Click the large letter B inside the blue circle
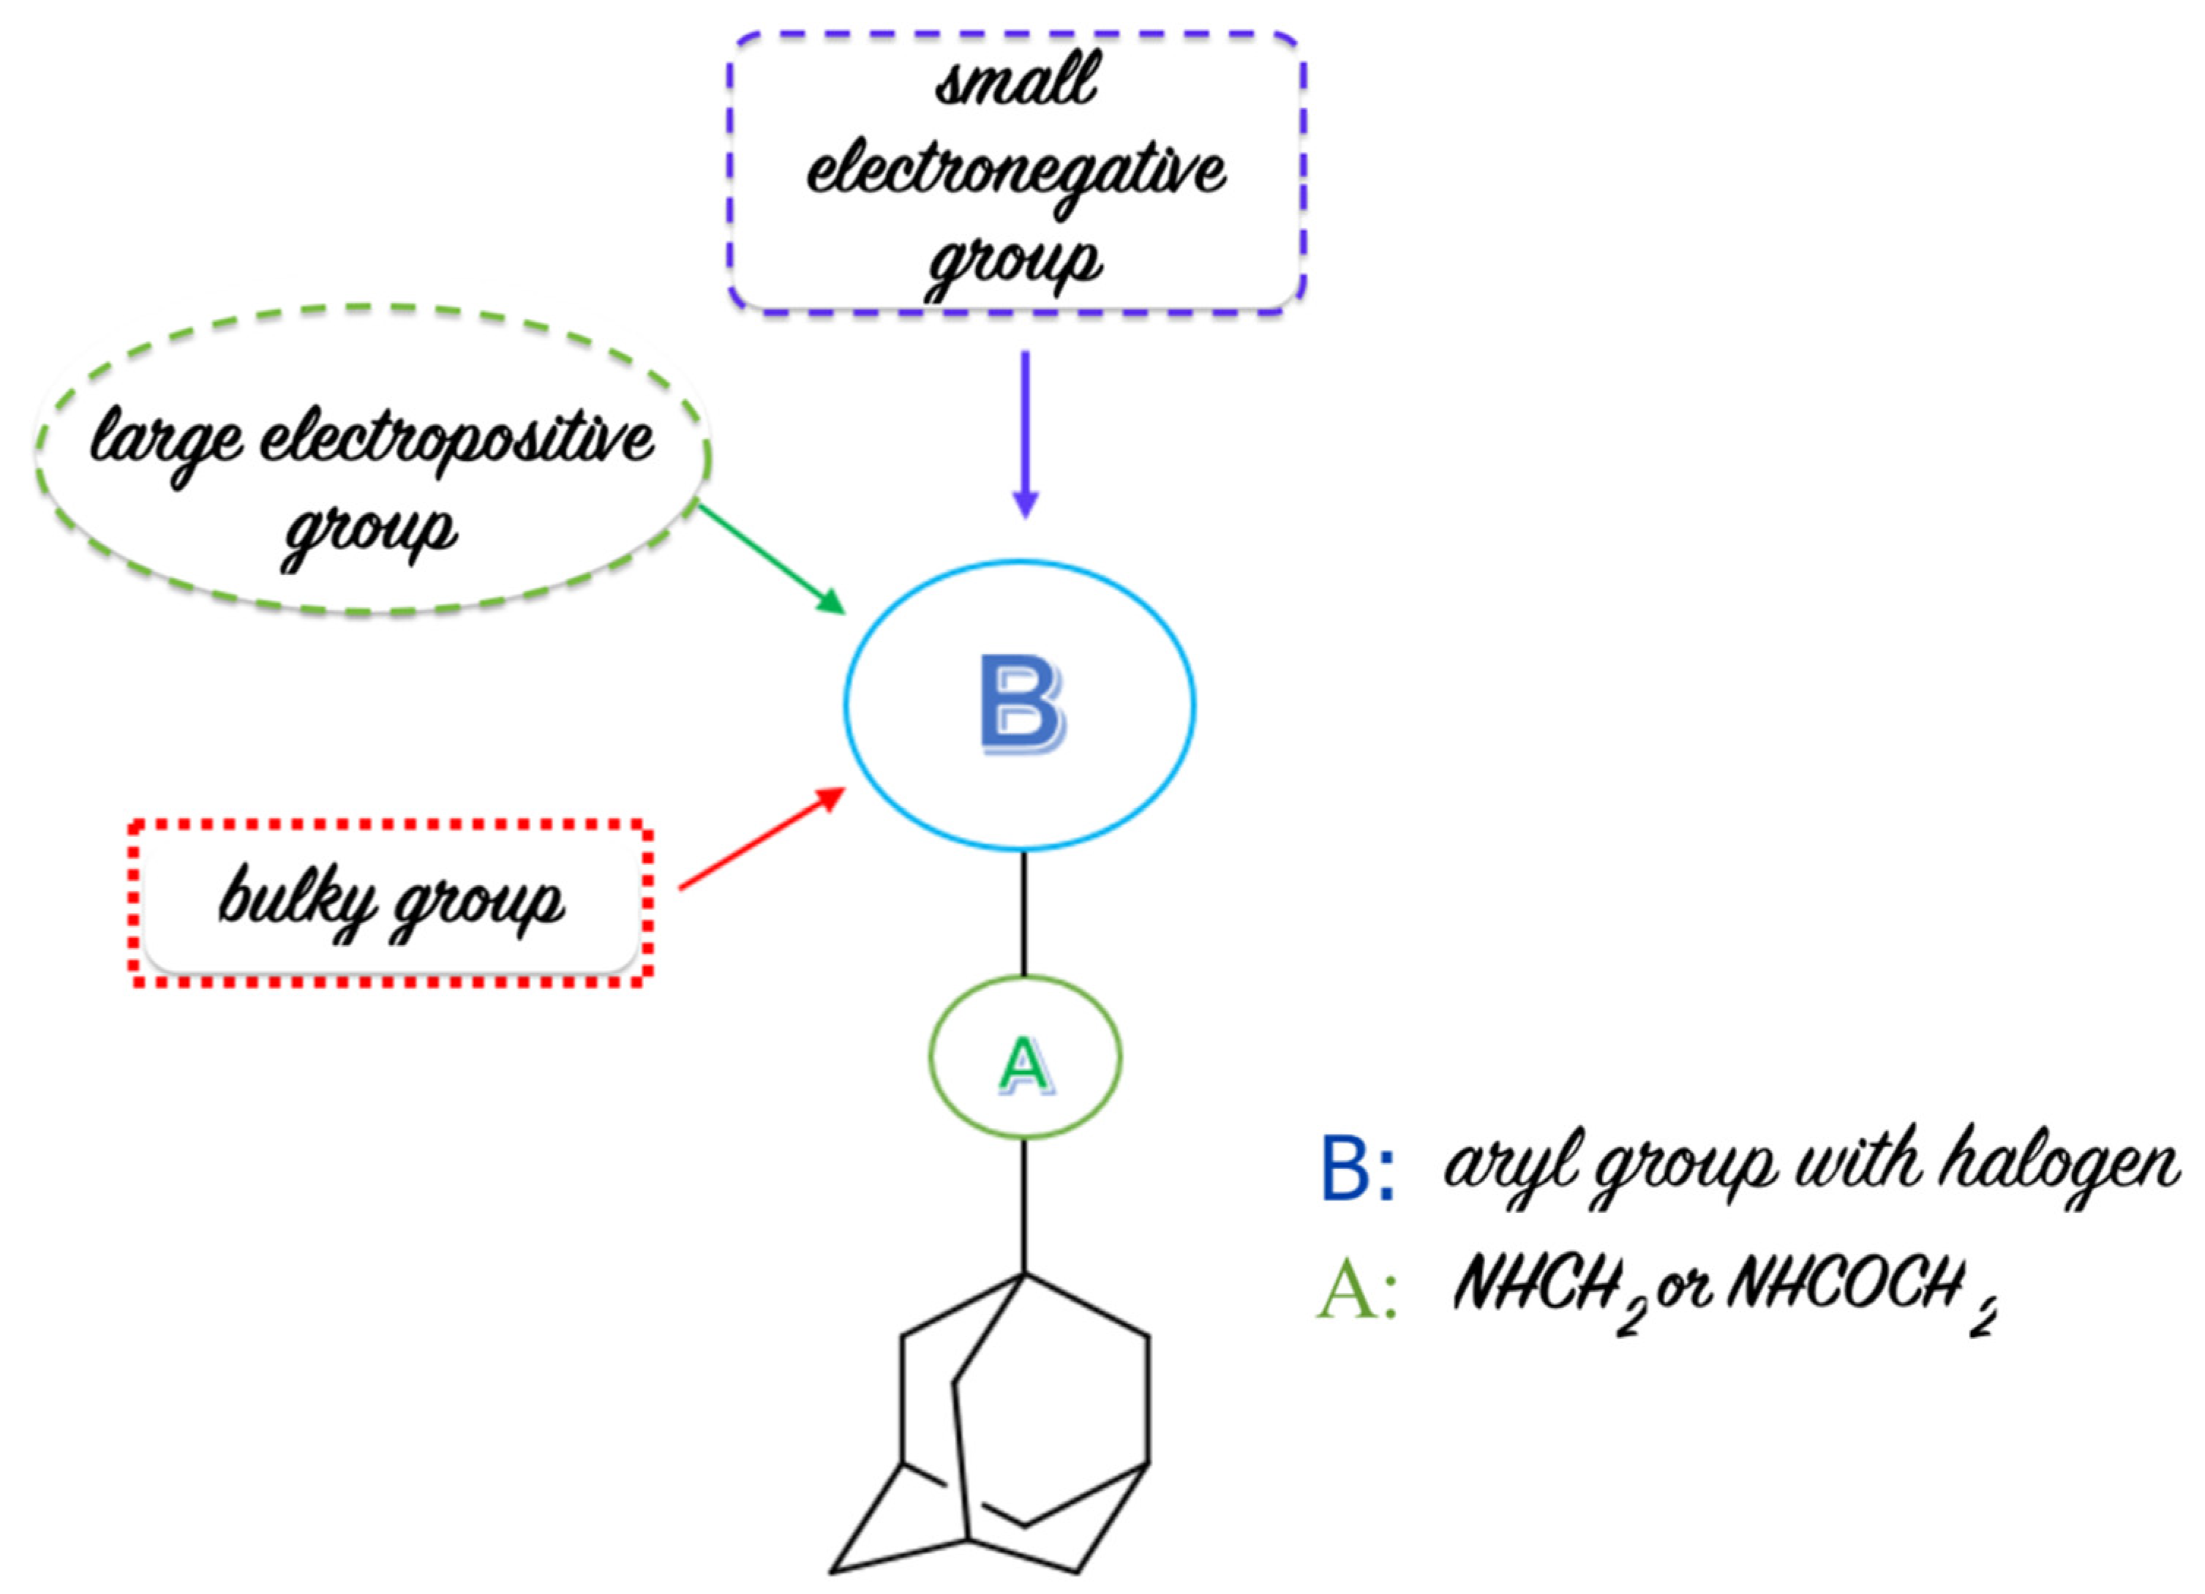click(1021, 704)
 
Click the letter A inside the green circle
click(1025, 1064)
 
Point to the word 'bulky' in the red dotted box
click(296, 898)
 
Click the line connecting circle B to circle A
click(1023, 914)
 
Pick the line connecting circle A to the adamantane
click(1023, 1206)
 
